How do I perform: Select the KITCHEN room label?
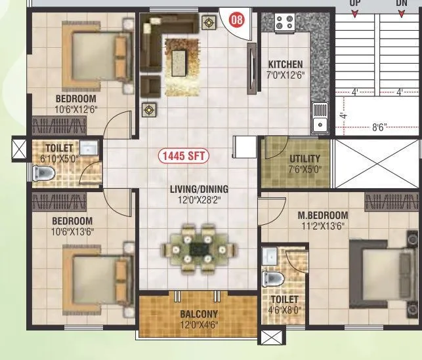tap(285, 64)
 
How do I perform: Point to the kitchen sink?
tap(320, 119)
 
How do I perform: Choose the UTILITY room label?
tap(305, 159)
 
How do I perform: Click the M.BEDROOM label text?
tap(322, 215)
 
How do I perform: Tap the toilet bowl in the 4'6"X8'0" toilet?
tap(273, 278)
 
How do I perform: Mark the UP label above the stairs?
tap(355, 3)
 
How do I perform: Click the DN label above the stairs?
tap(402, 3)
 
